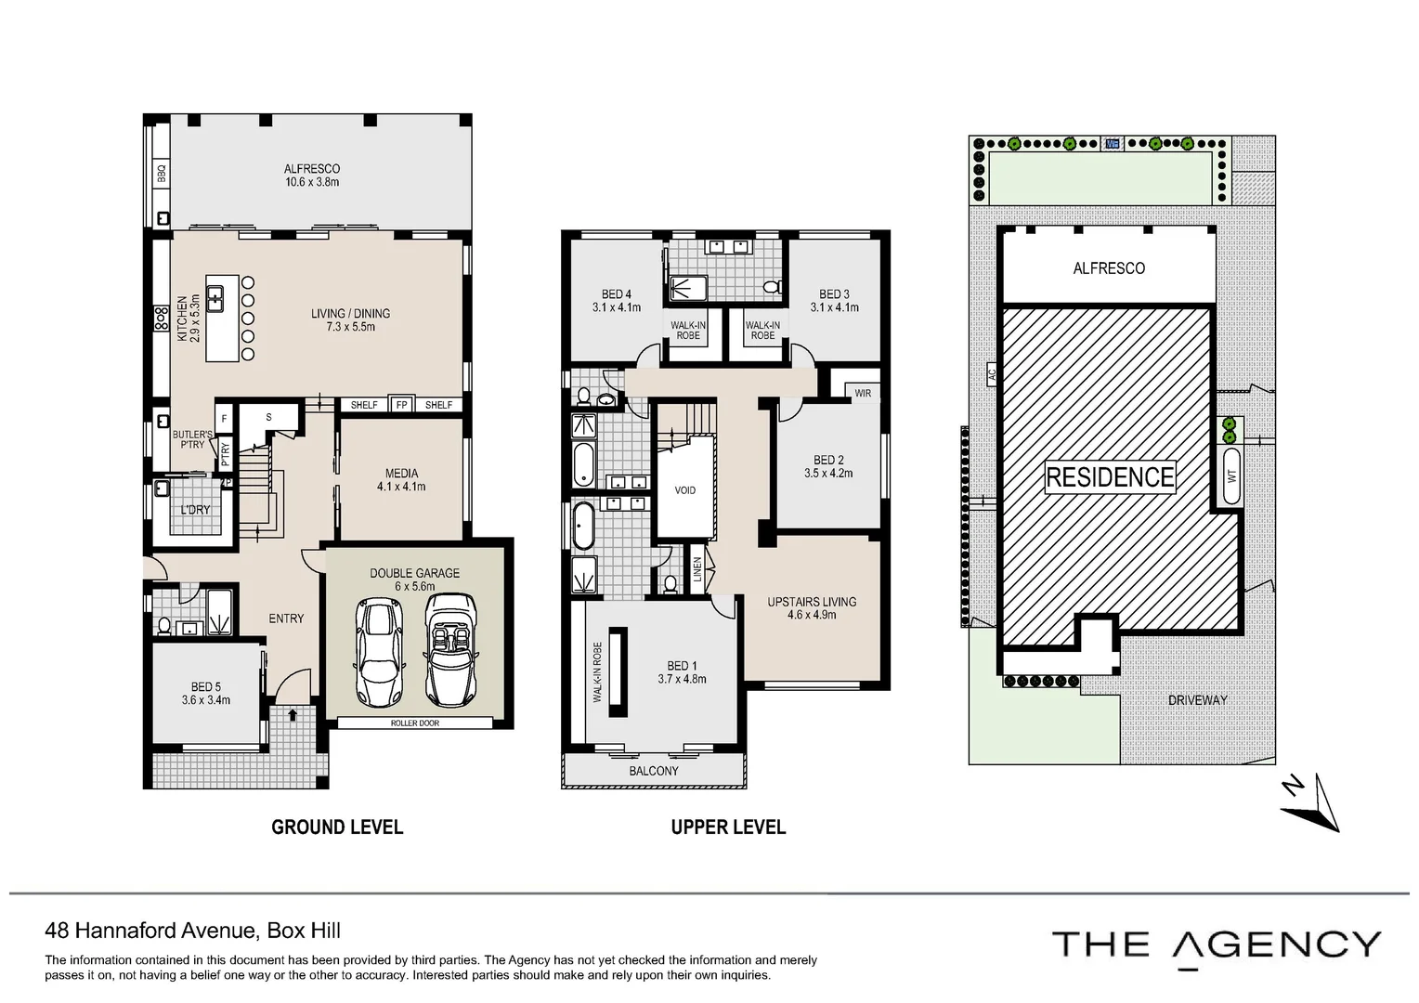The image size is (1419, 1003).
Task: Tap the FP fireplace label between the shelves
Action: (x=401, y=405)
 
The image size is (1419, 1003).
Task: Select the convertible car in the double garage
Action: (x=450, y=649)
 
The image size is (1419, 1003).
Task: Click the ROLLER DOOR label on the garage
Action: (x=415, y=723)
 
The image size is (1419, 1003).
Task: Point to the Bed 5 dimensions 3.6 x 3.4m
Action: (x=206, y=700)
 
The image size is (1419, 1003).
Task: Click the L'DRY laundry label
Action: (x=195, y=510)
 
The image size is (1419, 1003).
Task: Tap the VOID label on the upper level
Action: (x=684, y=490)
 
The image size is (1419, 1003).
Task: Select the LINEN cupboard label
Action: (x=697, y=568)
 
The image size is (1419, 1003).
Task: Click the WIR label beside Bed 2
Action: (x=863, y=393)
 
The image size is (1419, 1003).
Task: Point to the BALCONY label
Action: (x=654, y=771)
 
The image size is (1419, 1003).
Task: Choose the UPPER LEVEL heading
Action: (x=728, y=827)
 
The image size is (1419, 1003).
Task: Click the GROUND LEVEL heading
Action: (x=337, y=827)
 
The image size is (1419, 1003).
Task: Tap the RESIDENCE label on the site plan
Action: (x=1110, y=477)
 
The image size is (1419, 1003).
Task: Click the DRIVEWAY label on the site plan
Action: (x=1197, y=700)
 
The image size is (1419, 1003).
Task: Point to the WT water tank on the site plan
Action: (x=1231, y=476)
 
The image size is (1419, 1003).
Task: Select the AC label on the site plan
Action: (x=992, y=374)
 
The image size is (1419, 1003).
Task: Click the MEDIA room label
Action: (x=401, y=474)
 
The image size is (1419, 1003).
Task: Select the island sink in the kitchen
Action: (x=215, y=299)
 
